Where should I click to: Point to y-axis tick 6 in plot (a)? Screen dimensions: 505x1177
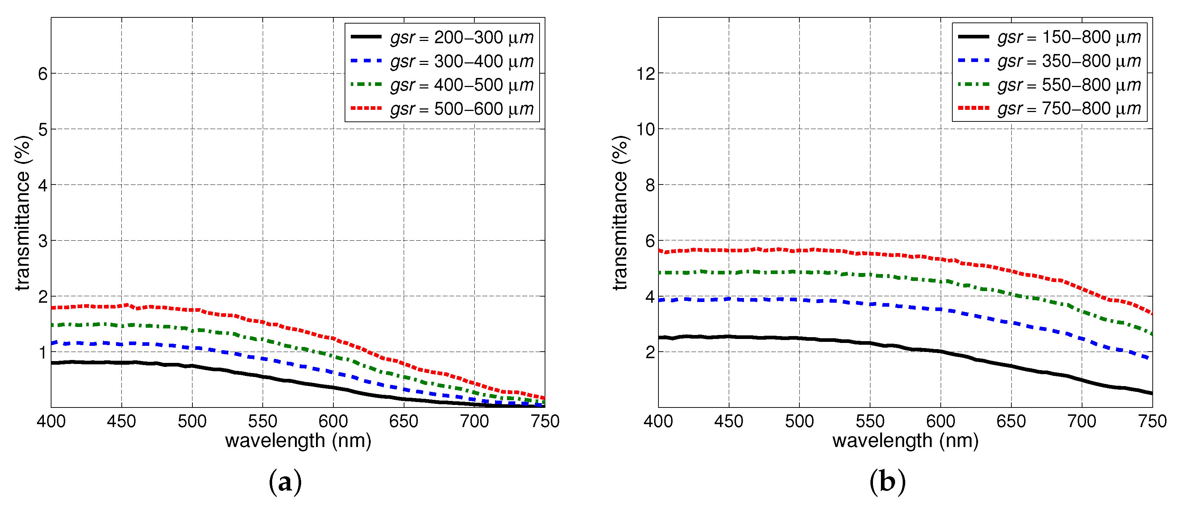(x=42, y=74)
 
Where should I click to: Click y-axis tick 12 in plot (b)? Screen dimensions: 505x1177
(x=646, y=74)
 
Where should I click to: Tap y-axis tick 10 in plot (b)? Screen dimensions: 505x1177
(x=646, y=129)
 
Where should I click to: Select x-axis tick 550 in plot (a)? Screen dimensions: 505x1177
(x=262, y=421)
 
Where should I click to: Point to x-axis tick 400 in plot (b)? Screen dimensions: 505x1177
(x=658, y=421)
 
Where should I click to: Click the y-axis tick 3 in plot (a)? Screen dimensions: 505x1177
(x=42, y=241)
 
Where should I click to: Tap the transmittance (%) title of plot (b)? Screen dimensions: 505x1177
(x=620, y=212)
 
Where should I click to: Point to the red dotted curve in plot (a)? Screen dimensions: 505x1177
(x=263, y=322)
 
